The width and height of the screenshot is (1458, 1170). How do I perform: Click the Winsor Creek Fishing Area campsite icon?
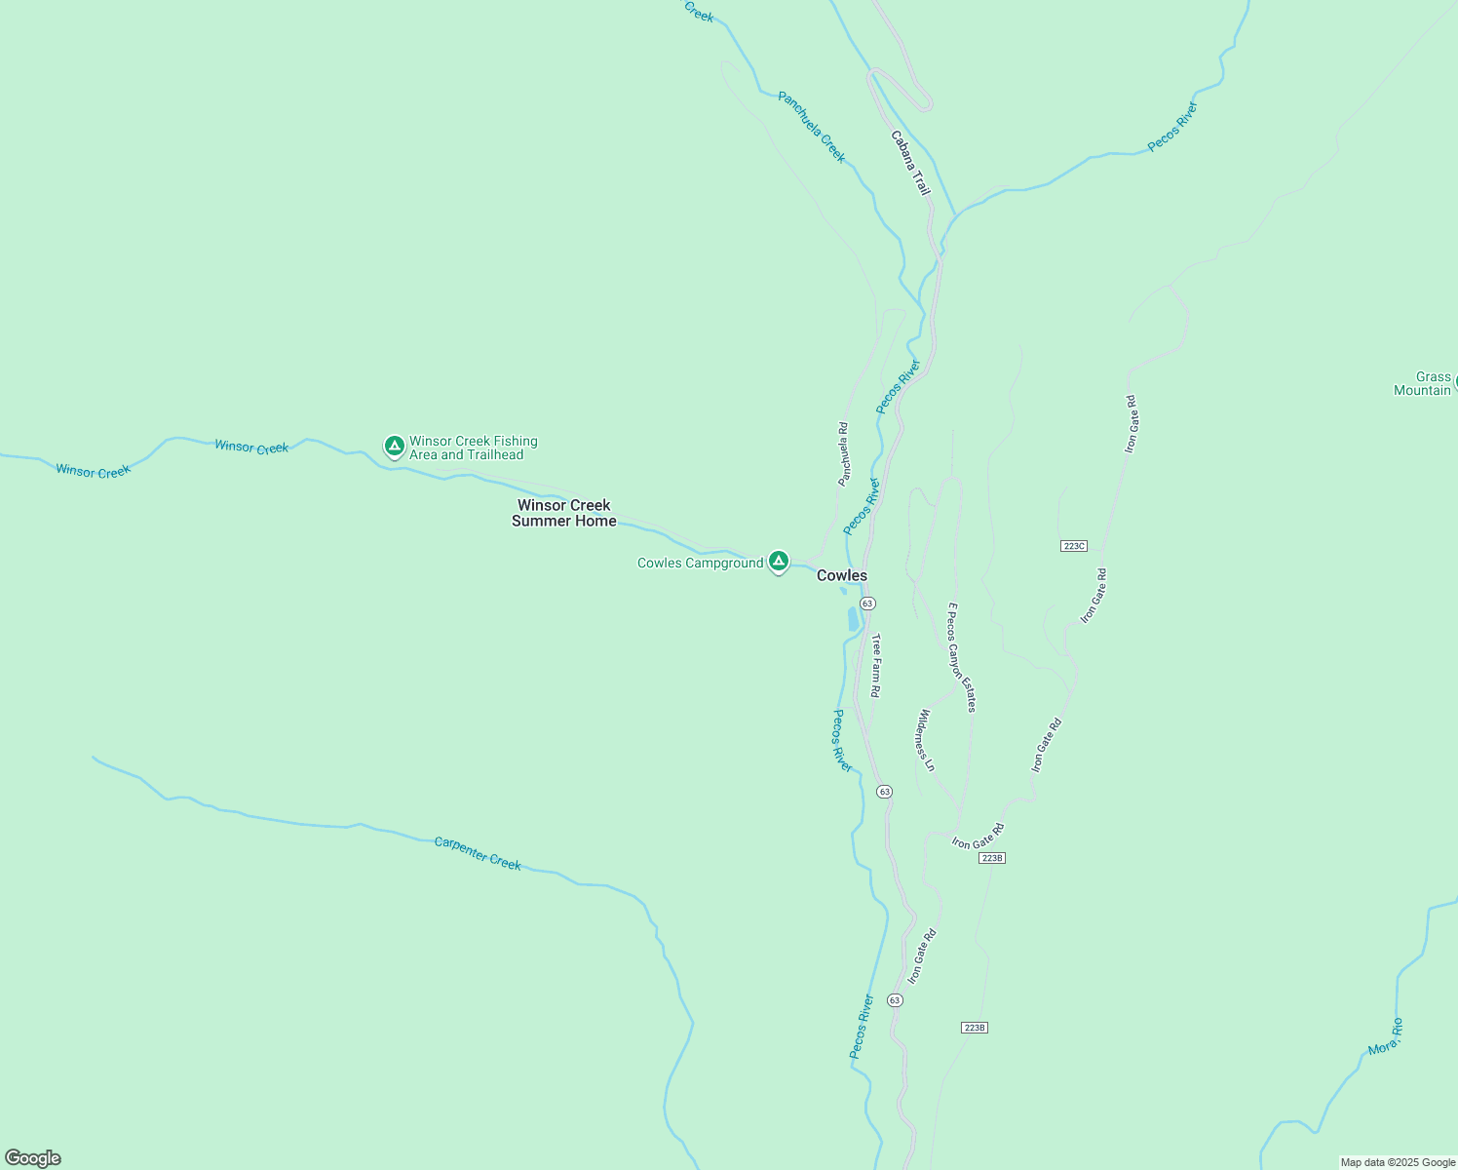[x=394, y=447]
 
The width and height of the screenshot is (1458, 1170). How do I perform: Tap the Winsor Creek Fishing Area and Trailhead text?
[x=473, y=448]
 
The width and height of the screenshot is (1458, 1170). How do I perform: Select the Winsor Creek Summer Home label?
[x=563, y=513]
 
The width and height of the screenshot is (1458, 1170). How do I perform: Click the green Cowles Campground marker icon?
[x=778, y=561]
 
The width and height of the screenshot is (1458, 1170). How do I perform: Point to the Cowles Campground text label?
[x=700, y=564]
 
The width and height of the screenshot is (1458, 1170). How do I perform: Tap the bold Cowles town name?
[x=841, y=576]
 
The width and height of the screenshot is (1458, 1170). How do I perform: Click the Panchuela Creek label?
[x=812, y=127]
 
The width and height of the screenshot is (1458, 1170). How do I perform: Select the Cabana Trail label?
[x=910, y=163]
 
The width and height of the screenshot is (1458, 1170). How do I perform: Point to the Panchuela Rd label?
[x=843, y=453]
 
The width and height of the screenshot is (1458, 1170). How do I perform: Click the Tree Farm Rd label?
[x=875, y=666]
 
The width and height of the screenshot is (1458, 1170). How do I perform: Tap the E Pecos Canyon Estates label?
[x=962, y=657]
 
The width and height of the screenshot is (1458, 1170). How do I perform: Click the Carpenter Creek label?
[x=478, y=854]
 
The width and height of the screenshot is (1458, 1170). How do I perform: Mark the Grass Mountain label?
[x=1424, y=383]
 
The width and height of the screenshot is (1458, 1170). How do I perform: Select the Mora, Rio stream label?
[x=1385, y=1036]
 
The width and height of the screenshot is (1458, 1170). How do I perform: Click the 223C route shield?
[x=1073, y=546]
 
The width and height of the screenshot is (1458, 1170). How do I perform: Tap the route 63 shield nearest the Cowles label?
[x=867, y=604]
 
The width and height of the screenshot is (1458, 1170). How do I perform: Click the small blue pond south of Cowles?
[x=854, y=619]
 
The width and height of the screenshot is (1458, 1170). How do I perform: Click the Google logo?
[x=32, y=1158]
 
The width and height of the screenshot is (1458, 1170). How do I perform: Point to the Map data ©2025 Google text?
[x=1398, y=1162]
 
